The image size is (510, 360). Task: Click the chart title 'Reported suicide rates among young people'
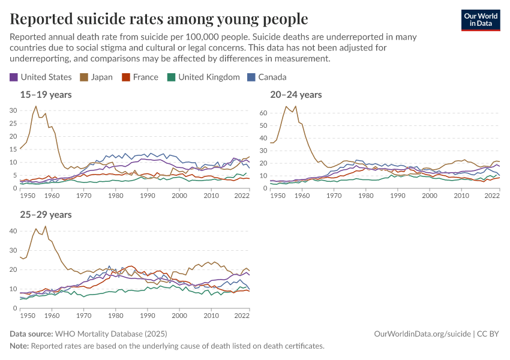(159, 19)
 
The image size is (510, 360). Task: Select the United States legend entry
(40, 77)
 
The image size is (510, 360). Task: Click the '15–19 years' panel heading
(46, 94)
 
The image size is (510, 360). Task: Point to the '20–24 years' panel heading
(296, 94)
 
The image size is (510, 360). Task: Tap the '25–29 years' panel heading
(46, 214)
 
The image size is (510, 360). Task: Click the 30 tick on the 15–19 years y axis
(13, 110)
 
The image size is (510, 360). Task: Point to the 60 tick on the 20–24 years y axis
(263, 112)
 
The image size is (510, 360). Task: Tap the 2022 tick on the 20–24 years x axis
(492, 196)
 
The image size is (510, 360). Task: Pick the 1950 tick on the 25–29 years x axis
(27, 316)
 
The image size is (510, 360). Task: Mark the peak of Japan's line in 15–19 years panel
(35, 106)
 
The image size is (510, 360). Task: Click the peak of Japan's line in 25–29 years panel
(45, 226)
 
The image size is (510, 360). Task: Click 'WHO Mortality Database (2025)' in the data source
(111, 334)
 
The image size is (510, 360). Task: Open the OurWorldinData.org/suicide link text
(422, 334)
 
